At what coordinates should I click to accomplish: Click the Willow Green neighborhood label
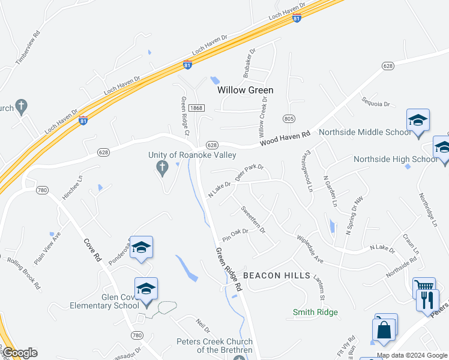coord(245,90)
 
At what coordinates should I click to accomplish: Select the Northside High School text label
coord(395,159)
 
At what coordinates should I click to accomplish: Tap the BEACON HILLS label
coord(276,275)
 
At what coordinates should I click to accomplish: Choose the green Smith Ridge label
coord(315,312)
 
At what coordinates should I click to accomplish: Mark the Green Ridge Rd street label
coord(229,269)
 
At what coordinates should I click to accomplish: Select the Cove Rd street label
coord(92,248)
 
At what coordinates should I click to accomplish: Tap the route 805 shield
coord(289,119)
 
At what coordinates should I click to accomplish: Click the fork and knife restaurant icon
coord(427,299)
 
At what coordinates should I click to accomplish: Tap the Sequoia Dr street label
coord(376,103)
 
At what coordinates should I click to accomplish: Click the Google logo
coord(20,353)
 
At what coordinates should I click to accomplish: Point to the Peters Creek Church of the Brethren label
coord(214,346)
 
